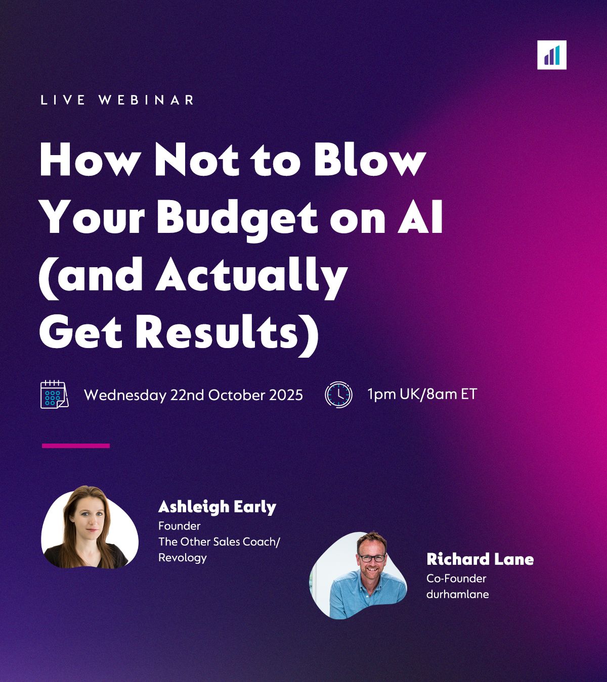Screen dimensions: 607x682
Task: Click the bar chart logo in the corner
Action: (x=551, y=55)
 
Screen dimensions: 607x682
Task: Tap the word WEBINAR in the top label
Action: (x=146, y=100)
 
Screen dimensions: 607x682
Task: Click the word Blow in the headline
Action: (x=370, y=159)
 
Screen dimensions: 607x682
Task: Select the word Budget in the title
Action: (x=237, y=217)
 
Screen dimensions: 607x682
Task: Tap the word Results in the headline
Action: (x=216, y=331)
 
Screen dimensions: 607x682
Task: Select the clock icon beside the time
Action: (x=338, y=395)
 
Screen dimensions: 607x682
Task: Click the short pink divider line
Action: (x=76, y=446)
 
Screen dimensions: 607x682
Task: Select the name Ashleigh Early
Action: (x=217, y=507)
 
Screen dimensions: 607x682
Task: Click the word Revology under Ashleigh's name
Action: (x=182, y=558)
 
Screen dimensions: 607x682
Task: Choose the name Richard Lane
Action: (x=480, y=559)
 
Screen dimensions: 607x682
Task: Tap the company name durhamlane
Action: (x=457, y=594)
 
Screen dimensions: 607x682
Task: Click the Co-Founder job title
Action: (x=456, y=578)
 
